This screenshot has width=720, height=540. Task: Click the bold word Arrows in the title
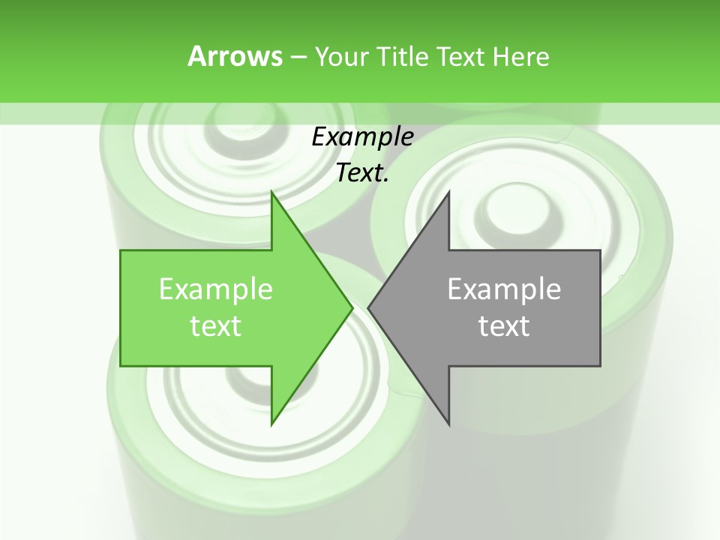(235, 56)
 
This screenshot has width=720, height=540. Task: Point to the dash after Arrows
(297, 57)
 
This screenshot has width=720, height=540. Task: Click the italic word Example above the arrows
(362, 137)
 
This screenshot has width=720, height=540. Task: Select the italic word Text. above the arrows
(362, 173)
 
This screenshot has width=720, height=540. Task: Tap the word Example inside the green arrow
(216, 289)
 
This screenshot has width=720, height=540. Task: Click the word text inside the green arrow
(216, 326)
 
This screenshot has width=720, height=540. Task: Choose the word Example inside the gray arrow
(504, 289)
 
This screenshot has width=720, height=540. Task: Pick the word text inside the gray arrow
(504, 326)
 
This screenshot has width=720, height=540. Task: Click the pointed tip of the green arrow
(352, 307)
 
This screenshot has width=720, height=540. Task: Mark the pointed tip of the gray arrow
(369, 307)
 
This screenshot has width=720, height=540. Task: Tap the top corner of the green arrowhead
(272, 193)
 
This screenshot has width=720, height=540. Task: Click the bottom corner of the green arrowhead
(272, 424)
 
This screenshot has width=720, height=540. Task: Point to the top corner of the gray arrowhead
(448, 193)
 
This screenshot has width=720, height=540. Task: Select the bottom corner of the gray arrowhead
(448, 424)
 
